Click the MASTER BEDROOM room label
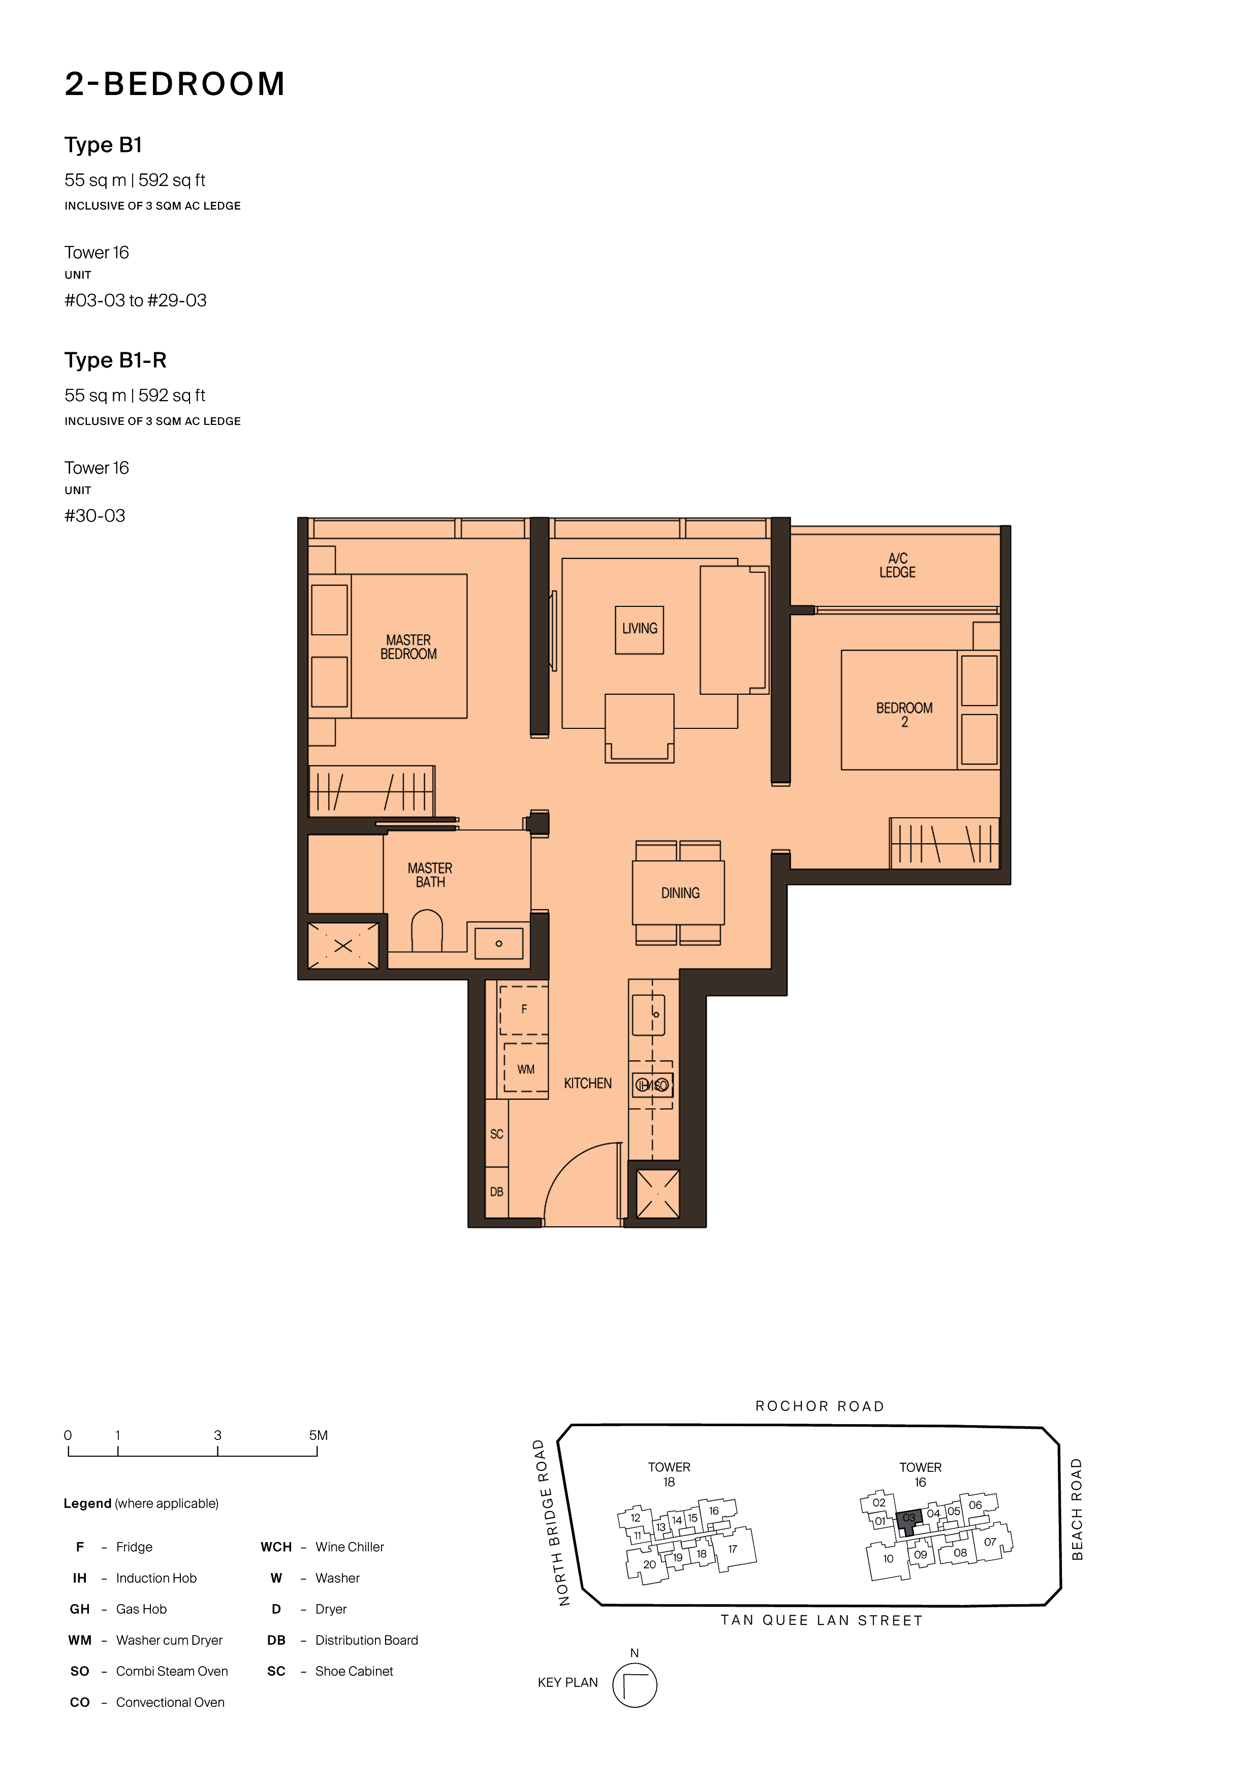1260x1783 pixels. (x=408, y=647)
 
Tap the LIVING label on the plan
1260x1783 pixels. (x=640, y=628)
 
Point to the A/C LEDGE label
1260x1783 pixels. (x=897, y=565)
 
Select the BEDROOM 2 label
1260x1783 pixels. (x=904, y=715)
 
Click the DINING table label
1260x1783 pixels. (x=680, y=893)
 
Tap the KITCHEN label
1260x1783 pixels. (x=588, y=1083)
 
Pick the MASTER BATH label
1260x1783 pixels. (x=430, y=875)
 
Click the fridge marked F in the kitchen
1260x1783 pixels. (x=524, y=1009)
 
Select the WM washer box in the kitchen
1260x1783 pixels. (x=525, y=1068)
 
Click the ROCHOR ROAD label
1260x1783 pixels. (x=820, y=1406)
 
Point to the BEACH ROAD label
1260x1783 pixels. (x=1077, y=1509)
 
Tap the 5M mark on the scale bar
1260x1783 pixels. (x=318, y=1435)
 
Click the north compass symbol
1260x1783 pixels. (x=634, y=1685)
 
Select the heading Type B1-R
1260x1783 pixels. (x=116, y=360)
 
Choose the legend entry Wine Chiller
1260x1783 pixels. (x=350, y=1547)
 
